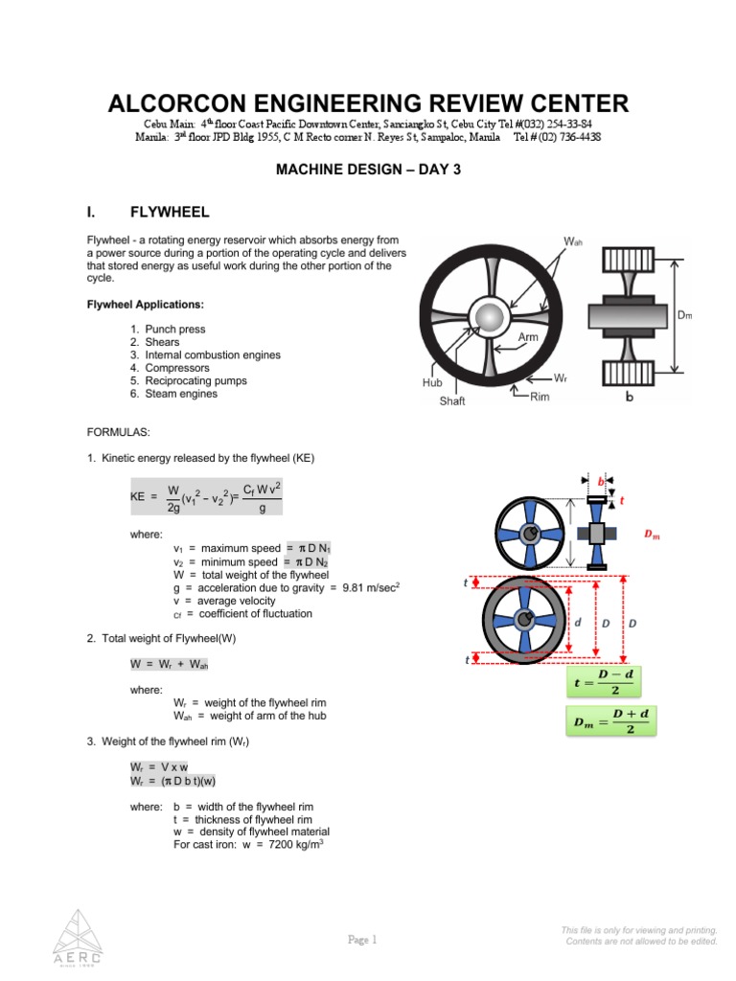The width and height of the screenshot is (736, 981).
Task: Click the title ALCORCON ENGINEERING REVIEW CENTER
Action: pos(368,103)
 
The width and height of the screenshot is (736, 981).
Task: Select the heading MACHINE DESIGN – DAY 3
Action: pos(368,169)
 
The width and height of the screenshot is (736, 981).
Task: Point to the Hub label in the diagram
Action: pos(433,381)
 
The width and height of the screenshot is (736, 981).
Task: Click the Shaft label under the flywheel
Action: pos(452,401)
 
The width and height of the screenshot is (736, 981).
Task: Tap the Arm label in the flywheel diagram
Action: pos(528,338)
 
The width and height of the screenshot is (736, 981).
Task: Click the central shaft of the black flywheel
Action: pos(491,317)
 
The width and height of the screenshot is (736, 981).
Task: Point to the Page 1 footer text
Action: pos(363,940)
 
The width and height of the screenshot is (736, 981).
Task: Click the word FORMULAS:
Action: pos(118,432)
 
